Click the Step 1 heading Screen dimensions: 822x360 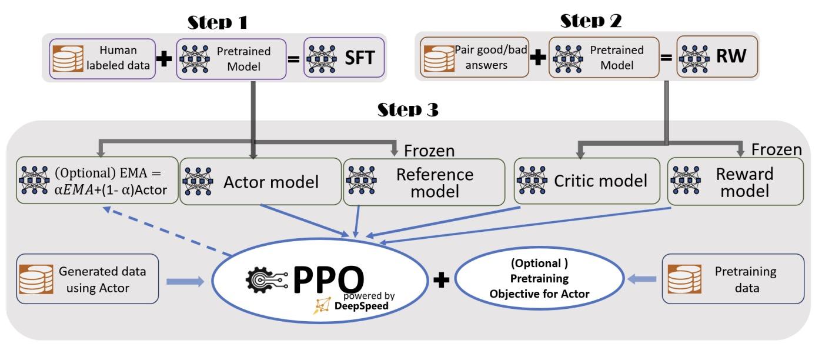click(217, 22)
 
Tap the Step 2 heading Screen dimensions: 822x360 click(591, 21)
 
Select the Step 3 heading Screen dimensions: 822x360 click(407, 109)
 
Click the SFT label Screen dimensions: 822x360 click(360, 58)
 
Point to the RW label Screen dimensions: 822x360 click(731, 56)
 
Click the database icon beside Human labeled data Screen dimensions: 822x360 click(68, 58)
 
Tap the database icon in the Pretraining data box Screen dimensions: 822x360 click(684, 279)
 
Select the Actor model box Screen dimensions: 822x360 click(260, 181)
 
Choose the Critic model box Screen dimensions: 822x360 click(587, 181)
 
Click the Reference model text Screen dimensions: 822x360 click(435, 183)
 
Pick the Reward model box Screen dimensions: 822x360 click(736, 181)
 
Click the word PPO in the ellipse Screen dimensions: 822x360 click(328, 279)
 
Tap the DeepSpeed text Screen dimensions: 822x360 click(362, 306)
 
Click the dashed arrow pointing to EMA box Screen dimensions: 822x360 click(167, 231)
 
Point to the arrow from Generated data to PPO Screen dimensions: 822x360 click(185, 281)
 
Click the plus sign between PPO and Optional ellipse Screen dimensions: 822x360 click(441, 280)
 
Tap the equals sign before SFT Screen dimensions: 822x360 click(293, 58)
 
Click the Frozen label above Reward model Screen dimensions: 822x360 click(777, 149)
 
